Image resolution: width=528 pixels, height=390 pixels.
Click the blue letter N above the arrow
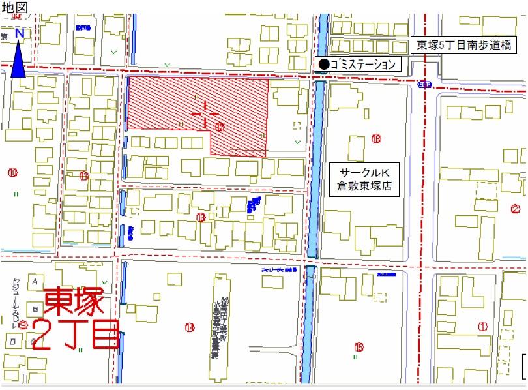point(20,33)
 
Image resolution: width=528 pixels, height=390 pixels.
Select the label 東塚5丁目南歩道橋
point(467,46)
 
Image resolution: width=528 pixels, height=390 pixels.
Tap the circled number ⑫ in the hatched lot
point(220,127)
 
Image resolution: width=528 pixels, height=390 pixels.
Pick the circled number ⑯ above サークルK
point(376,138)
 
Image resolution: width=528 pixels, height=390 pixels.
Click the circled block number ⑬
point(201,217)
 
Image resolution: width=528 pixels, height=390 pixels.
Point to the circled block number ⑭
point(190,327)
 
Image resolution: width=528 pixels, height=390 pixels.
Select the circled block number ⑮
point(358,346)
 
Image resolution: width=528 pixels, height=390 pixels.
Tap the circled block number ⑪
point(84,175)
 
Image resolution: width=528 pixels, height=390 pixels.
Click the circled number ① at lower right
point(483,326)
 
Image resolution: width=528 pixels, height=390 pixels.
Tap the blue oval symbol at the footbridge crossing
point(424,84)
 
